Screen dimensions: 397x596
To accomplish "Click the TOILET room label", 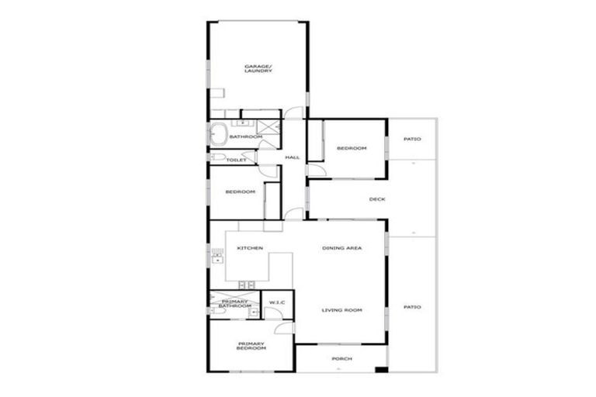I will [x=236, y=161].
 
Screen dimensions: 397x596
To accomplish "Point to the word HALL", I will [x=292, y=157].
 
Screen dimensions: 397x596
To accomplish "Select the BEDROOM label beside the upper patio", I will [x=351, y=148].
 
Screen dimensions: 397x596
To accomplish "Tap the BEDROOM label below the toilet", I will [x=240, y=192].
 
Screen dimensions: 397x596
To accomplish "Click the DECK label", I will [x=377, y=199].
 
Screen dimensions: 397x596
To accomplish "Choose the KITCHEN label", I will [x=250, y=248].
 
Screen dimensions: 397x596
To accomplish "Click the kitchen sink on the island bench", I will [x=247, y=284].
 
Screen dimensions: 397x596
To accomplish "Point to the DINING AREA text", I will [x=342, y=248].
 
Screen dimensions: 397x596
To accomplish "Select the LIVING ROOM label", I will [x=342, y=310].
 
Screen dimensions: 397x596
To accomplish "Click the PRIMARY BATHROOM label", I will [x=234, y=303].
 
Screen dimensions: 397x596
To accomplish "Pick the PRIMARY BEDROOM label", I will [x=251, y=346].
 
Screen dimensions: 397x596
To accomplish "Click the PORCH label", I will [x=341, y=358].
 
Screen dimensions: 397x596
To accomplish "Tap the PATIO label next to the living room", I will [x=412, y=307].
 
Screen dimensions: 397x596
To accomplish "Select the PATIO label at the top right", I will [x=412, y=140].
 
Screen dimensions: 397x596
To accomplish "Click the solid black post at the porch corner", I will [x=380, y=368].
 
